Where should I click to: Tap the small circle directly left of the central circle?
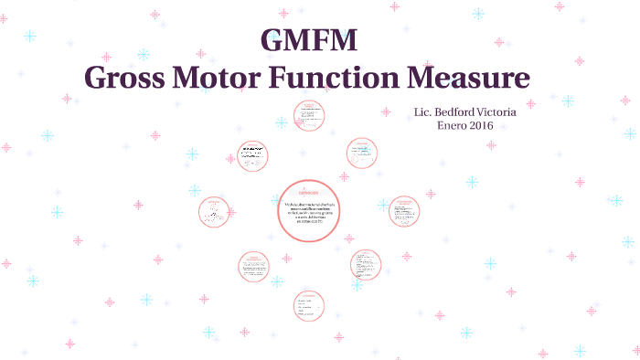pos(215,211)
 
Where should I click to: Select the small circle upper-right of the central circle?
pos(361,154)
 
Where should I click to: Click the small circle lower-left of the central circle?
pos(255,266)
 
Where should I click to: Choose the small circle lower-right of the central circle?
pos(366,265)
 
